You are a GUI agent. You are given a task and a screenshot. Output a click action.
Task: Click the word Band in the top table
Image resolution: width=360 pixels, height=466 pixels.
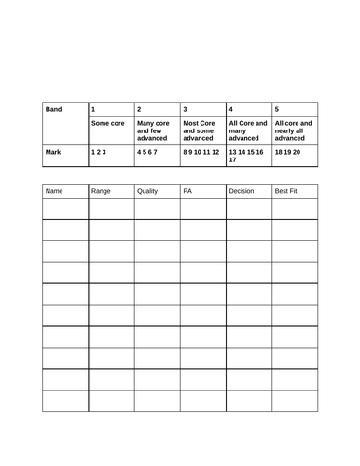(54, 109)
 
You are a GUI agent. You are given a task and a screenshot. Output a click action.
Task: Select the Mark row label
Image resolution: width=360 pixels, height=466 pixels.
(53, 149)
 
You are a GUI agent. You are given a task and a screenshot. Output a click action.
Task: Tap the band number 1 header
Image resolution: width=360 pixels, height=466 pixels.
(93, 109)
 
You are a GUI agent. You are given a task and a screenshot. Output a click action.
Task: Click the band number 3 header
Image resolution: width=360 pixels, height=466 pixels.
(186, 109)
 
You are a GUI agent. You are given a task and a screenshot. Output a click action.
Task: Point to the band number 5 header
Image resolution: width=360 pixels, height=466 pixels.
(277, 109)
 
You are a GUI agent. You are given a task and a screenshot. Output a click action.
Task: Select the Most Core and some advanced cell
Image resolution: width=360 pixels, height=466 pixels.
(200, 130)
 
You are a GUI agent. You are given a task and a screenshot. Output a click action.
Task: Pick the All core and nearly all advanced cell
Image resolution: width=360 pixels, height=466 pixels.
(294, 130)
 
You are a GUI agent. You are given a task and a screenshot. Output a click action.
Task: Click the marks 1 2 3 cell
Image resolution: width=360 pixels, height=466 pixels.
(100, 149)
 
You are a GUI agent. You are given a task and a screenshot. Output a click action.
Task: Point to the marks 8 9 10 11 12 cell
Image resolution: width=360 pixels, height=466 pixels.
(201, 149)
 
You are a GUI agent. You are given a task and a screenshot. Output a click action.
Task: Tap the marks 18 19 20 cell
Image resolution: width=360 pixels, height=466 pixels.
(290, 149)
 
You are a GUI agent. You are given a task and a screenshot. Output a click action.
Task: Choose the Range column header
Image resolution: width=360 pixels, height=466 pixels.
(101, 191)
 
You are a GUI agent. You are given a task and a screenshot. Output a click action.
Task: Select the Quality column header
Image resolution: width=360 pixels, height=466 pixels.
(147, 191)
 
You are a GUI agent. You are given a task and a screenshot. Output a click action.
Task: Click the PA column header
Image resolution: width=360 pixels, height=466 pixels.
(187, 191)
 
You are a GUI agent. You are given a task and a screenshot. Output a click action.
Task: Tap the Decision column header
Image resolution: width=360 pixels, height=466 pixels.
(242, 191)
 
